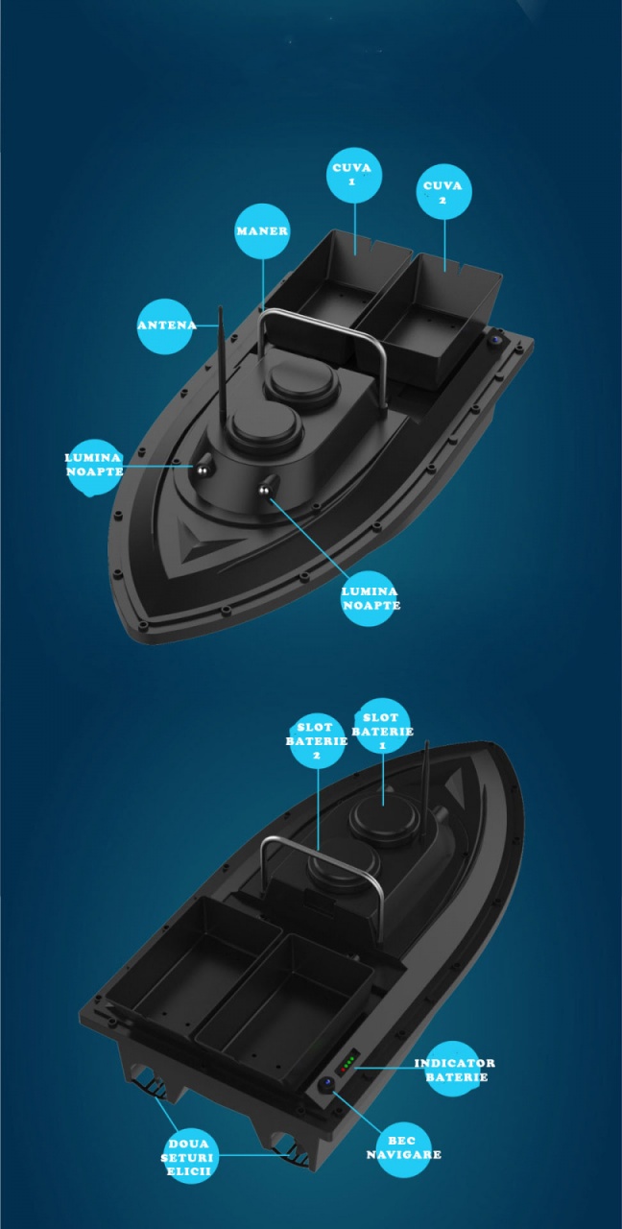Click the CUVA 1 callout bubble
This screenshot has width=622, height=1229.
(x=354, y=176)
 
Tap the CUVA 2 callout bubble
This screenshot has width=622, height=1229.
(x=443, y=191)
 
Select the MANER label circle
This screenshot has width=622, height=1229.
(x=263, y=231)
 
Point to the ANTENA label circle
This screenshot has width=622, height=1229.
(x=164, y=325)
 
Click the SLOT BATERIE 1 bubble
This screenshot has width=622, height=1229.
(x=382, y=725)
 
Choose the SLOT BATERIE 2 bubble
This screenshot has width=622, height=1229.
(x=317, y=741)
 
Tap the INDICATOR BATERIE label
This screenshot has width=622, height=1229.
(x=454, y=1069)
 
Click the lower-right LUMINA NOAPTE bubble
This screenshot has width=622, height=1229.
(x=371, y=598)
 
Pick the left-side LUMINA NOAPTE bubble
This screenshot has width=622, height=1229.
(x=94, y=467)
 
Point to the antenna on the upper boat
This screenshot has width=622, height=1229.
(x=223, y=363)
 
